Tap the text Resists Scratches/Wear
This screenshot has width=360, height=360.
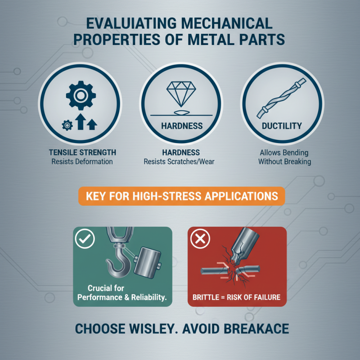click(180, 162)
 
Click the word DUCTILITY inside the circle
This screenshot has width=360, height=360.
click(281, 126)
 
